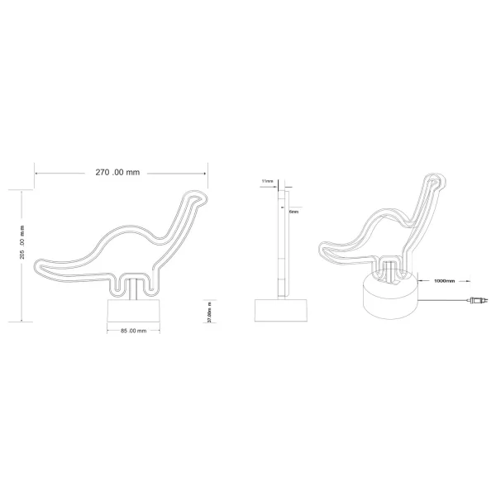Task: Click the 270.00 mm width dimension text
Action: coord(118,172)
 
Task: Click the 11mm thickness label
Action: coord(266,179)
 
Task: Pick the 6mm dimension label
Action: coord(293,212)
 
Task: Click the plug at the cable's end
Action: coord(478,302)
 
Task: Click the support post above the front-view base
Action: coord(131,289)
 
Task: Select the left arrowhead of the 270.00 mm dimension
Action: coord(36,172)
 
